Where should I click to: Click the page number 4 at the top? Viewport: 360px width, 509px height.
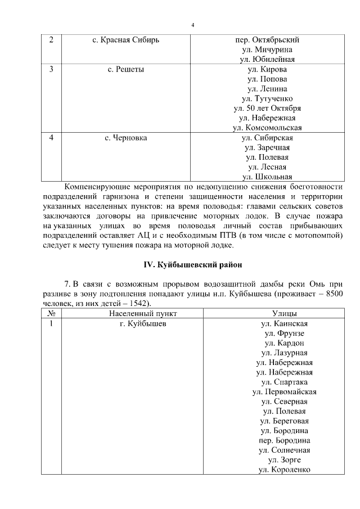[x=192, y=25]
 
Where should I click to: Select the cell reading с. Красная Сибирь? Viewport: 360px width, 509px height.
[x=125, y=40]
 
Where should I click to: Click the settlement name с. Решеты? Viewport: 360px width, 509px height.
[x=125, y=69]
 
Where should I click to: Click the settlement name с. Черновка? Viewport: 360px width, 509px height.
[x=125, y=137]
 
